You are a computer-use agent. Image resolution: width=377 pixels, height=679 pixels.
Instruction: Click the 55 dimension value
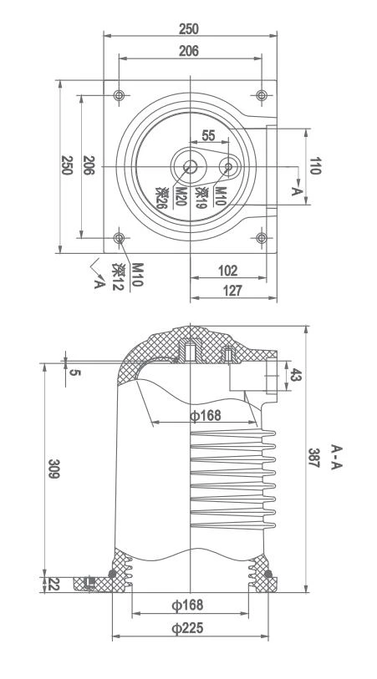coord(207,135)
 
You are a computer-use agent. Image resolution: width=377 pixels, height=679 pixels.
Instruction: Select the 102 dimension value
coord(227,271)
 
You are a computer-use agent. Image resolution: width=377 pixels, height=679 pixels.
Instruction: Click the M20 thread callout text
coord(179,197)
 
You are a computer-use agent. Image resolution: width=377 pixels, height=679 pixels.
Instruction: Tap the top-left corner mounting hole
coord(120,94)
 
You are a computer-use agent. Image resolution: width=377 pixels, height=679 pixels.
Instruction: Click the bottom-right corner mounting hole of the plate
coord(262,239)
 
